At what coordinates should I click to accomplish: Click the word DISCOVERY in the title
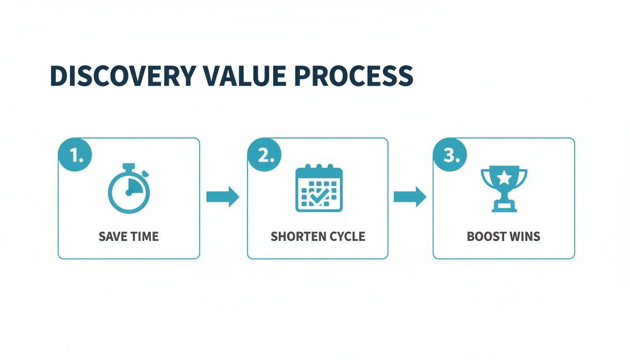[x=123, y=75]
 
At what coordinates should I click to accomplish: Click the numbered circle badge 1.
[x=75, y=155]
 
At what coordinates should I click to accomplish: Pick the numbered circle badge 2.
[x=264, y=155]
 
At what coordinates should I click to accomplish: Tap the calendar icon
[x=319, y=188]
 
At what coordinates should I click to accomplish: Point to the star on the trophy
[x=504, y=178]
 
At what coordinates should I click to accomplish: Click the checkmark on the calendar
[x=320, y=198]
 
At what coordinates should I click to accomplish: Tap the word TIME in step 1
[x=144, y=236]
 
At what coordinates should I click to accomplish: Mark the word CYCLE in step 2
[x=347, y=236]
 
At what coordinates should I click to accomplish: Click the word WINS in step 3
[x=525, y=236]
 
